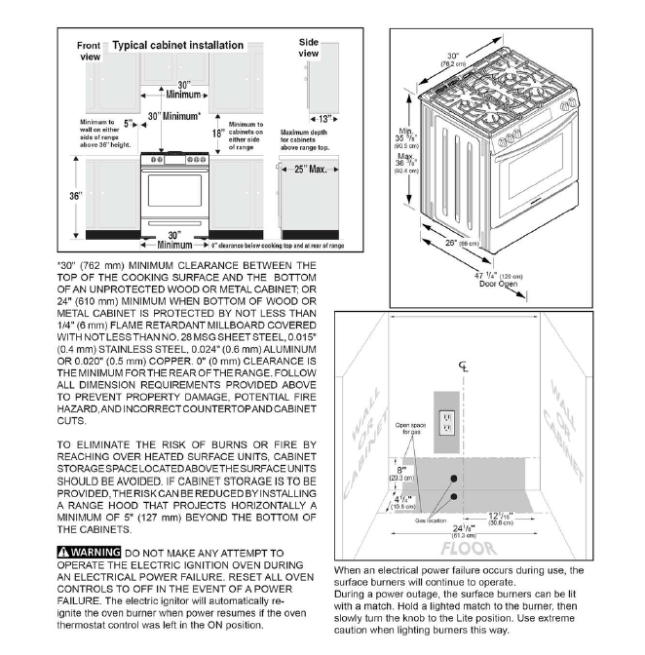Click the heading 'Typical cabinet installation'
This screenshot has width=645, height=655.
click(x=177, y=46)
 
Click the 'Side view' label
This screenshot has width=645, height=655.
click(x=309, y=48)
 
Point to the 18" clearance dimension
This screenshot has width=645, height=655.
click(x=218, y=134)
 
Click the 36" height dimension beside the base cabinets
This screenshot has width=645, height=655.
click(x=75, y=196)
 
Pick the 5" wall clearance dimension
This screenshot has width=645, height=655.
click(x=129, y=124)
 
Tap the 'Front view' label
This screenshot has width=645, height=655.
click(x=89, y=51)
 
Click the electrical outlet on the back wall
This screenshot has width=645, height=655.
click(x=449, y=422)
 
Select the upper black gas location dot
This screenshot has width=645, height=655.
click(x=453, y=478)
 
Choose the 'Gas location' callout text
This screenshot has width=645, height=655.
click(x=430, y=521)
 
